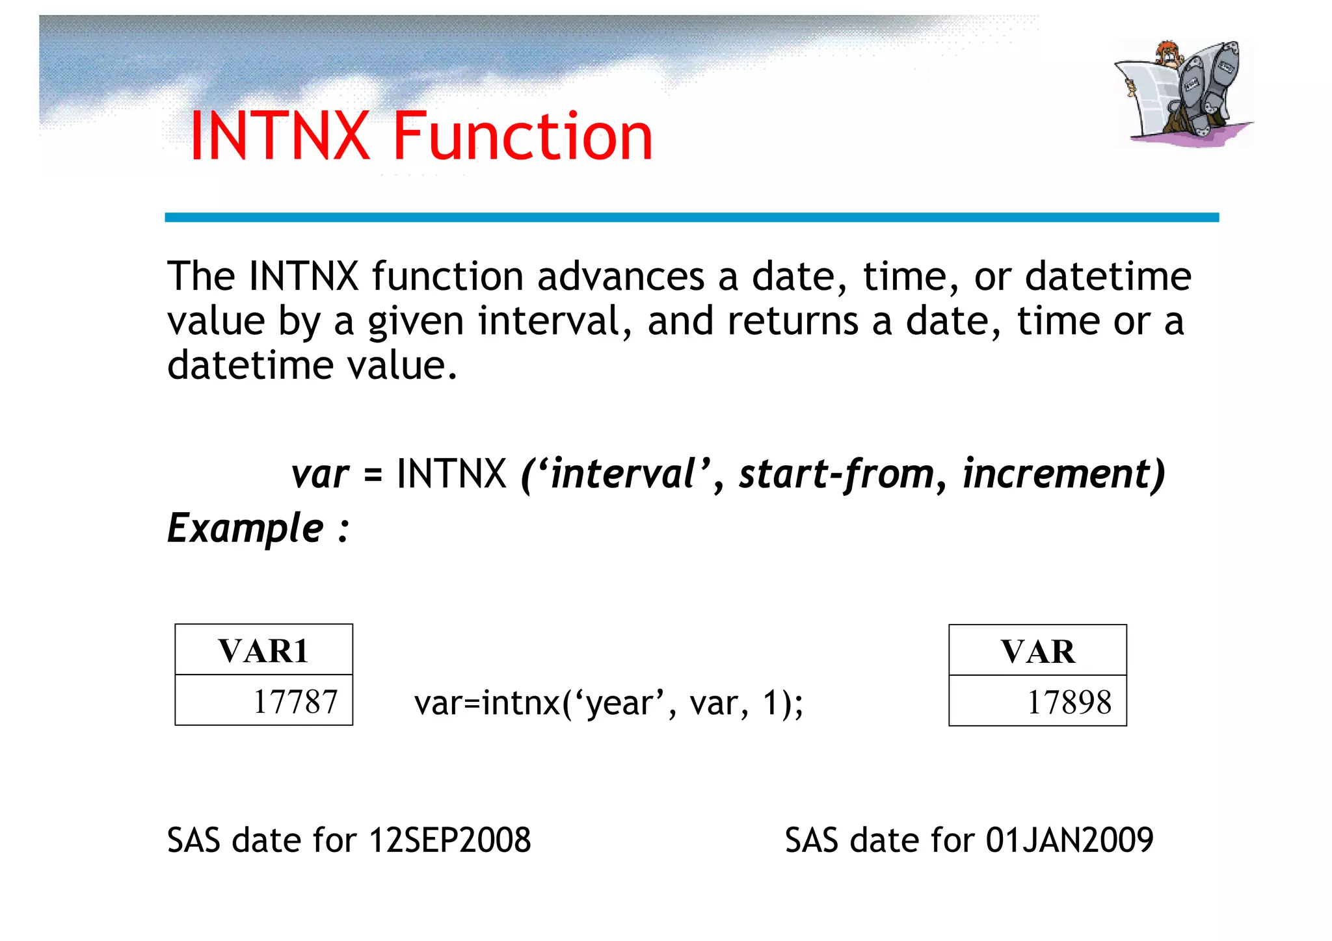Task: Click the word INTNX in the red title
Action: (x=280, y=136)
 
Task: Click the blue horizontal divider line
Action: (x=691, y=217)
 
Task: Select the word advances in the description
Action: (x=620, y=277)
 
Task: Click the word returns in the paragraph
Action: (x=792, y=321)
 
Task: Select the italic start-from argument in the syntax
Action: (x=837, y=474)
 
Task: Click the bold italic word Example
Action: (x=245, y=528)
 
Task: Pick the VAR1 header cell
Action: (x=263, y=651)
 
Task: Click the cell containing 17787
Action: (x=263, y=701)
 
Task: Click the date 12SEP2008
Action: (x=449, y=840)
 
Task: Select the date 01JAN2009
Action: (x=1069, y=840)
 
